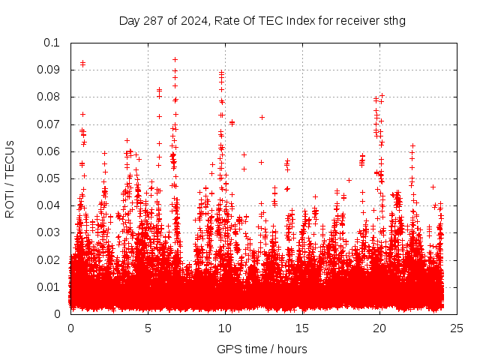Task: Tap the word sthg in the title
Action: [x=393, y=20]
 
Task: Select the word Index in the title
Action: [x=300, y=20]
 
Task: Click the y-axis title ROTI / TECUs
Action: [x=10, y=178]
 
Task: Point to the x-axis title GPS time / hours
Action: [x=262, y=349]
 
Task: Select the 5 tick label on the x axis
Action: [x=148, y=328]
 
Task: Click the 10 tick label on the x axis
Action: [x=225, y=328]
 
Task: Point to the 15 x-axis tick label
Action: [x=302, y=328]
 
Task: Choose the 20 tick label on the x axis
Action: [x=379, y=328]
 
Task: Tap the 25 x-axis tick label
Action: [x=457, y=328]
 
